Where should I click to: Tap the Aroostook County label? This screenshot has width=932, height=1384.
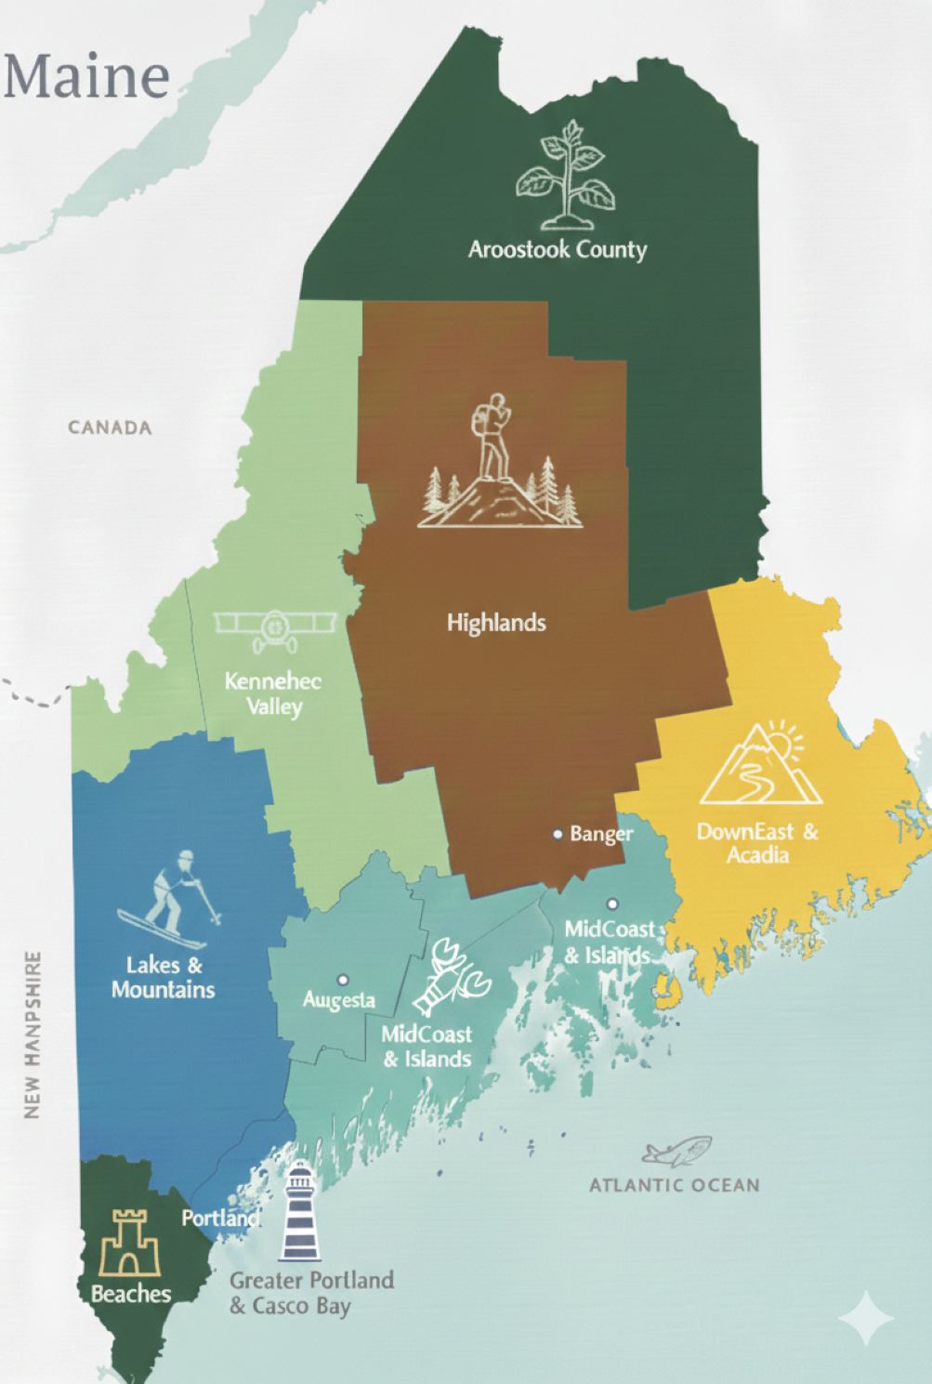557,249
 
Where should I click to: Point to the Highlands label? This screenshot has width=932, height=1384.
496,623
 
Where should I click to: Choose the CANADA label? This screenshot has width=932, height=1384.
110,428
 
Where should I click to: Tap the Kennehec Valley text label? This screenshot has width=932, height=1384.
273,693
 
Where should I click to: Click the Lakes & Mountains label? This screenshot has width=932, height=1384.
163,977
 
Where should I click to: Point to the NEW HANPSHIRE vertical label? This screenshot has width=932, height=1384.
33,1035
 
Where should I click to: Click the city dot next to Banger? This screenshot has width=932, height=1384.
558,834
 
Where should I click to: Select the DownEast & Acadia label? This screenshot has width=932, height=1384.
757,843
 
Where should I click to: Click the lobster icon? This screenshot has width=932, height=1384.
453,976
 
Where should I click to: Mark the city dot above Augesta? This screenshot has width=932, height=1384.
343,980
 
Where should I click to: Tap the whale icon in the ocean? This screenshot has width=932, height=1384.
677,1152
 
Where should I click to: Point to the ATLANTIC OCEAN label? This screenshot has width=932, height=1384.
675,1185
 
